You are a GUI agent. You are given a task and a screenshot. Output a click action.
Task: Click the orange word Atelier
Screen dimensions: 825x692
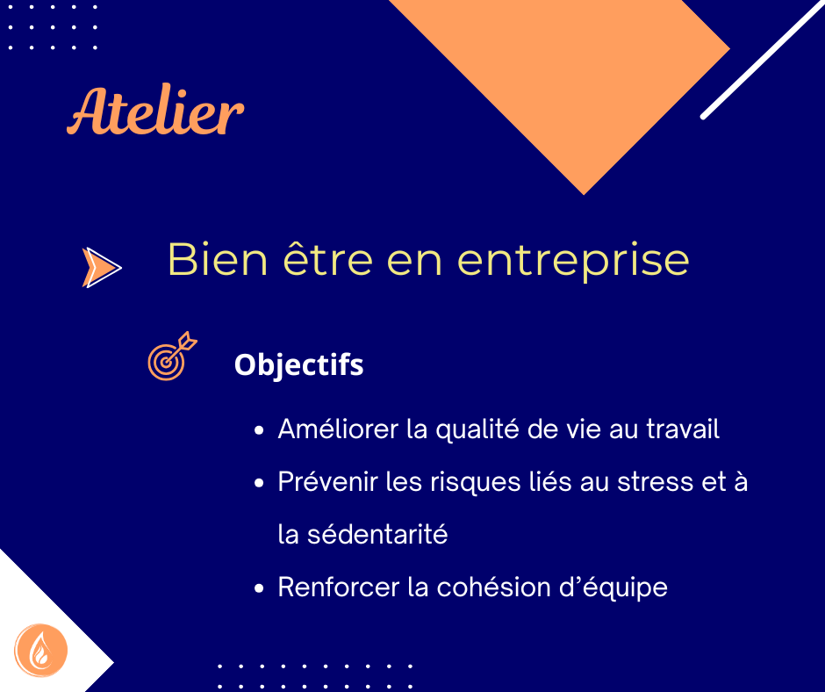(x=155, y=110)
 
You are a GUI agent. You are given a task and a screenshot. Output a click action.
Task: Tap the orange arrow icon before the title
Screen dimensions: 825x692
(x=102, y=267)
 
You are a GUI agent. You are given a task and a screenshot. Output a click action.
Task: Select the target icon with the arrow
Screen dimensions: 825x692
(x=172, y=356)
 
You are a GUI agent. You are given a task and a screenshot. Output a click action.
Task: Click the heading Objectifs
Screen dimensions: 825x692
(x=299, y=365)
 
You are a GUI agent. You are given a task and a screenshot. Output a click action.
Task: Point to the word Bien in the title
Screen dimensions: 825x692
(x=218, y=259)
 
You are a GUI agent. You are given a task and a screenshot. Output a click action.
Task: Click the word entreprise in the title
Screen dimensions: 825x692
(x=573, y=262)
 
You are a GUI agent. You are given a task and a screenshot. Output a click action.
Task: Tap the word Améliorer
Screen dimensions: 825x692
(x=338, y=429)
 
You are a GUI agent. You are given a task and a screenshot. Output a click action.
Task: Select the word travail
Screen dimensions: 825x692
(x=683, y=429)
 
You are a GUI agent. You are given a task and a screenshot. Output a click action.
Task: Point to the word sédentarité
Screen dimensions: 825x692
(x=377, y=534)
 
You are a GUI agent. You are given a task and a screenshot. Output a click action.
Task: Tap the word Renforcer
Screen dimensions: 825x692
(x=338, y=587)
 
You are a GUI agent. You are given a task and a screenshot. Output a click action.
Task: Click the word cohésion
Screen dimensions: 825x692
(x=493, y=587)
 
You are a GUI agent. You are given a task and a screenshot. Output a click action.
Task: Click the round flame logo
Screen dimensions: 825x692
(x=40, y=651)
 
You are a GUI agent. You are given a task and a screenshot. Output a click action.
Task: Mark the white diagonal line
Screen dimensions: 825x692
(x=763, y=60)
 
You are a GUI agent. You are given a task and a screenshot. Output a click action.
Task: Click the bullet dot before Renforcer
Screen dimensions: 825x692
(x=258, y=588)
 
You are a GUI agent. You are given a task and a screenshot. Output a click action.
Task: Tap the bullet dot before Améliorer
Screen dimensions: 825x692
(x=258, y=430)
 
